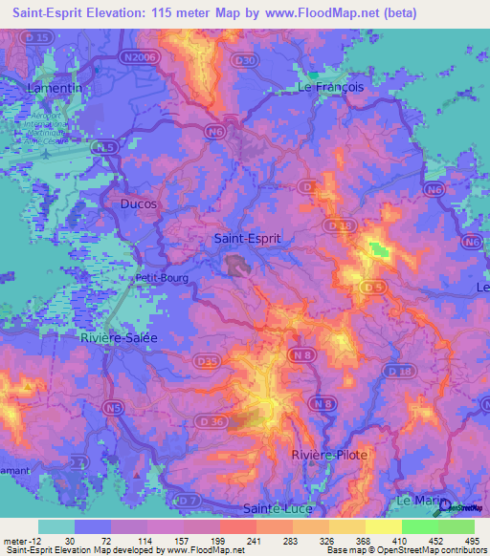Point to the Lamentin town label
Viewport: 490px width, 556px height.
click(x=52, y=87)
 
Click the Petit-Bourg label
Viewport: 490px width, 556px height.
click(x=163, y=279)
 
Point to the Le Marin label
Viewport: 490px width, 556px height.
click(x=417, y=501)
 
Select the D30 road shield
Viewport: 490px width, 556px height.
click(x=246, y=60)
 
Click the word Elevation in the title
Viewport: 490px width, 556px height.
click(x=123, y=13)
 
